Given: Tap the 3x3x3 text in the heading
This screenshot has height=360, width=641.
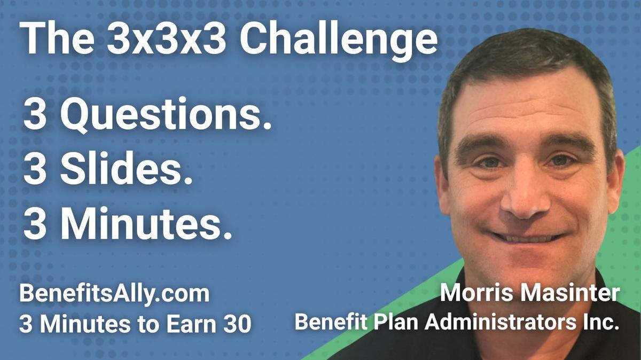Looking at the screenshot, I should click(x=167, y=40).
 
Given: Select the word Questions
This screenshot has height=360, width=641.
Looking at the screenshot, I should click(x=163, y=116).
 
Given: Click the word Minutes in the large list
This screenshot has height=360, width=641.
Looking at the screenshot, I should click(x=146, y=224).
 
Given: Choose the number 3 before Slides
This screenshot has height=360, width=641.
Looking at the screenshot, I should click(x=35, y=170).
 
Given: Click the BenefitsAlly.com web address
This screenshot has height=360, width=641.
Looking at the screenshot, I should click(x=114, y=295).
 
